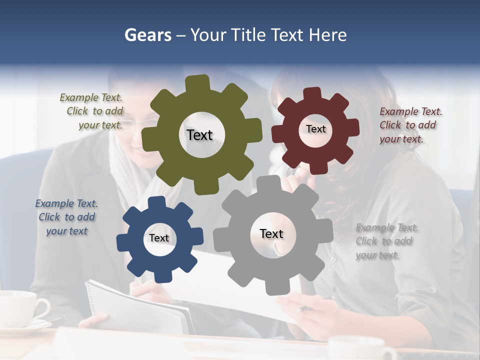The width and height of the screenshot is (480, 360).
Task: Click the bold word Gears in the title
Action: coord(147,35)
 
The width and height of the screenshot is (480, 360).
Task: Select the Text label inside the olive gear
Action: coord(199,135)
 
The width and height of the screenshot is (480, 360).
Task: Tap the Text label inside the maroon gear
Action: coord(315,129)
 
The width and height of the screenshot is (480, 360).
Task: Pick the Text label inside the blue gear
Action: coord(159,238)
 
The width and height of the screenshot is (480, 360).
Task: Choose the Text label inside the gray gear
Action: coord(271,233)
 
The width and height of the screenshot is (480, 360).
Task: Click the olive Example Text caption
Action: coord(92,111)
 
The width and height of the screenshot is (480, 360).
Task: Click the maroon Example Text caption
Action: coord(410,125)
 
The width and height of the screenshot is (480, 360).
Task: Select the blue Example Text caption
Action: coord(66,217)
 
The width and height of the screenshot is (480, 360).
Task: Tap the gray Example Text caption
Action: coord(386,241)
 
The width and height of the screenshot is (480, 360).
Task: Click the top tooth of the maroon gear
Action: coord(312,93)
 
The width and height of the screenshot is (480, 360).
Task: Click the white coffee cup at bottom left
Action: coord(20,306)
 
